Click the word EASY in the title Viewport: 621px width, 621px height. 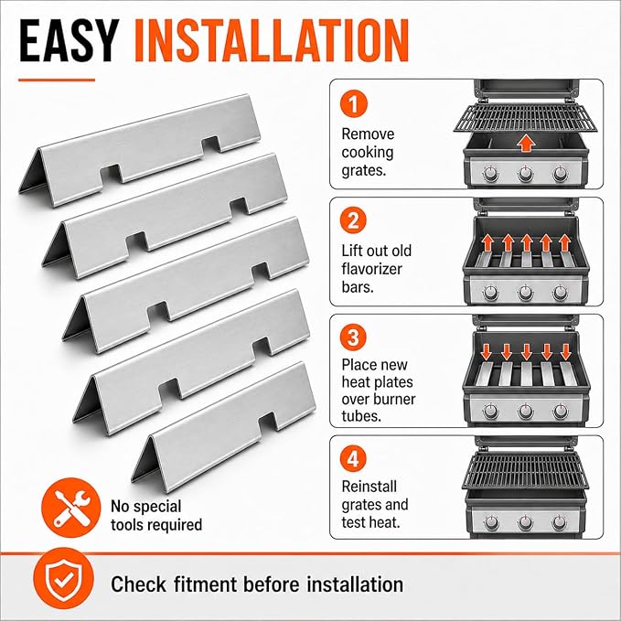tap(69, 41)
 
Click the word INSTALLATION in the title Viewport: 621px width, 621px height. tap(272, 41)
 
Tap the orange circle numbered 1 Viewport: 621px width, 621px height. tap(353, 103)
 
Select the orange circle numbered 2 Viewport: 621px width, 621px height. tap(353, 220)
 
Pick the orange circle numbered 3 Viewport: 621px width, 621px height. tap(353, 337)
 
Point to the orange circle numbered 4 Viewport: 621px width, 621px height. tap(353, 458)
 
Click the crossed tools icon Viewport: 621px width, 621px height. tap(71, 508)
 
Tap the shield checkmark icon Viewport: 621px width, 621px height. tap(63, 578)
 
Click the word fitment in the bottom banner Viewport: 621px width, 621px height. tap(205, 584)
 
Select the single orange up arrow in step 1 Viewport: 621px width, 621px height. tap(526, 143)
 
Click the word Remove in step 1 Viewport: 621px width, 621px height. tap(368, 134)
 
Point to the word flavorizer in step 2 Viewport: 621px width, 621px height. tap(372, 269)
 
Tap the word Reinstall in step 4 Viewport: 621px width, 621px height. tap(369, 487)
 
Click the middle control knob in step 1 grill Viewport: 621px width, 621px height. tap(526, 174)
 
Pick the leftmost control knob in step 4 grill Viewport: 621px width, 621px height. tap(491, 522)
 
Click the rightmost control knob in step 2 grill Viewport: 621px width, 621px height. tap(560, 293)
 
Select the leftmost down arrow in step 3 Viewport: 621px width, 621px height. tap(487, 352)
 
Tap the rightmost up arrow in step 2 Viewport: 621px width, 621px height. tap(565, 242)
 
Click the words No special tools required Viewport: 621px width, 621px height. tap(156, 516)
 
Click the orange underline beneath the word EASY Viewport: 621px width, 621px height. tap(57, 80)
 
